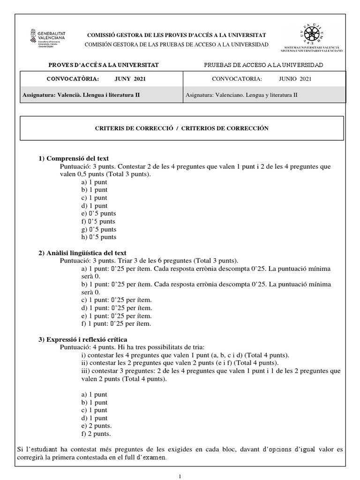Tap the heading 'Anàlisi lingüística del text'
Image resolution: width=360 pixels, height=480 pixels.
point(82,253)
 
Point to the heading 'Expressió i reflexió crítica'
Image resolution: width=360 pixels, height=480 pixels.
point(82,339)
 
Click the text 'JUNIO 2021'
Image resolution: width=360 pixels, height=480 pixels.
point(295,79)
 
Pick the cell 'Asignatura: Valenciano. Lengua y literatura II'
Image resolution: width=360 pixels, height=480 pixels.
point(241,95)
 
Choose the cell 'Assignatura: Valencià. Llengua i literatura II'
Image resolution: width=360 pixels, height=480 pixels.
point(81,95)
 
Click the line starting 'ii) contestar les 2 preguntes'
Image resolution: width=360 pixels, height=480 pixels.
point(180,363)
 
